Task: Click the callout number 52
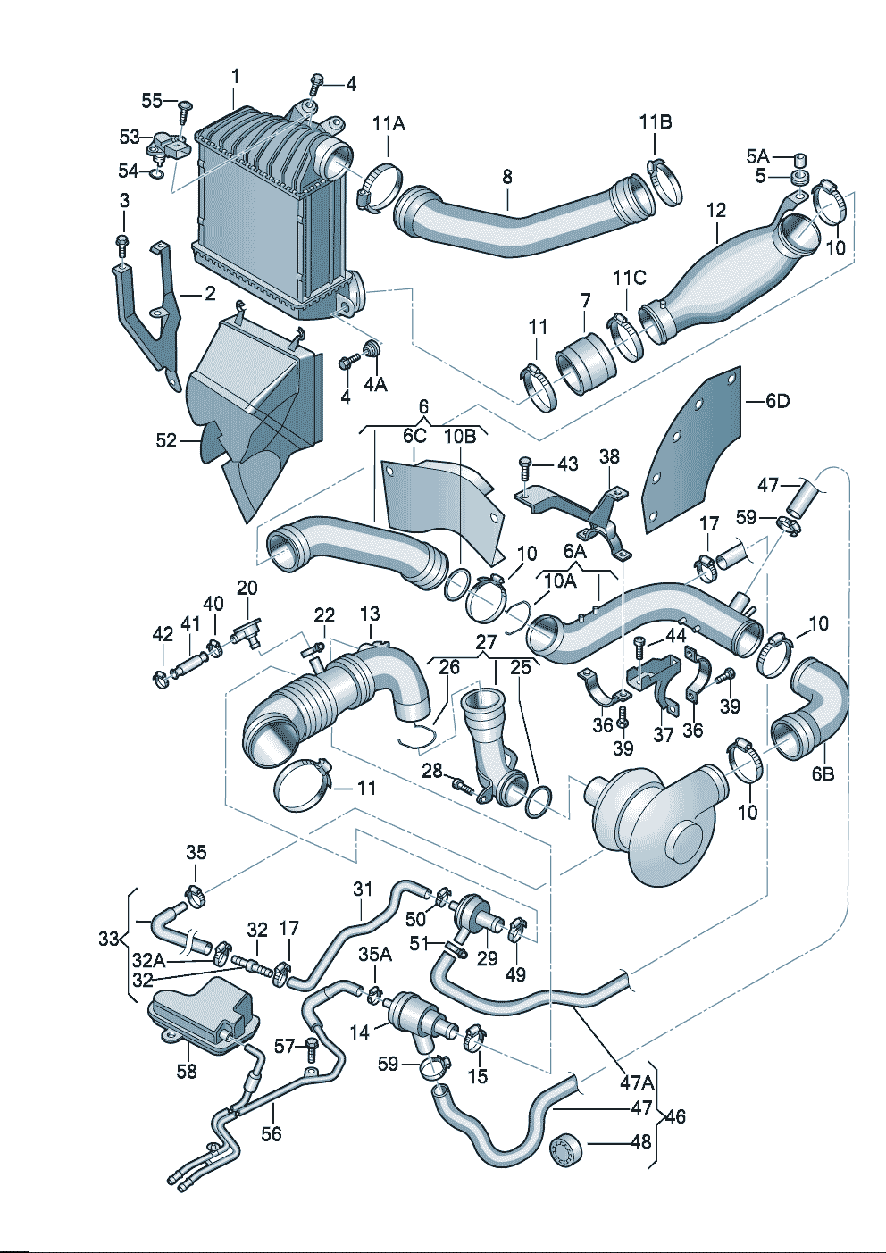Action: (x=166, y=441)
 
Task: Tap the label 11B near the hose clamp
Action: (x=656, y=121)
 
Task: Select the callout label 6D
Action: (x=777, y=401)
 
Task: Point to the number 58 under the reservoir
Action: (x=187, y=1071)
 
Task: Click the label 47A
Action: (x=637, y=1082)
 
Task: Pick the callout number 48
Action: (x=641, y=1141)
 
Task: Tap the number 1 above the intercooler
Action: (x=236, y=76)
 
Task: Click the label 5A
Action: (x=758, y=157)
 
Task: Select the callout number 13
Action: (x=370, y=613)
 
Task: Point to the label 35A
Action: (x=375, y=955)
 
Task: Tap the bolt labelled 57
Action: (x=312, y=1049)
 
